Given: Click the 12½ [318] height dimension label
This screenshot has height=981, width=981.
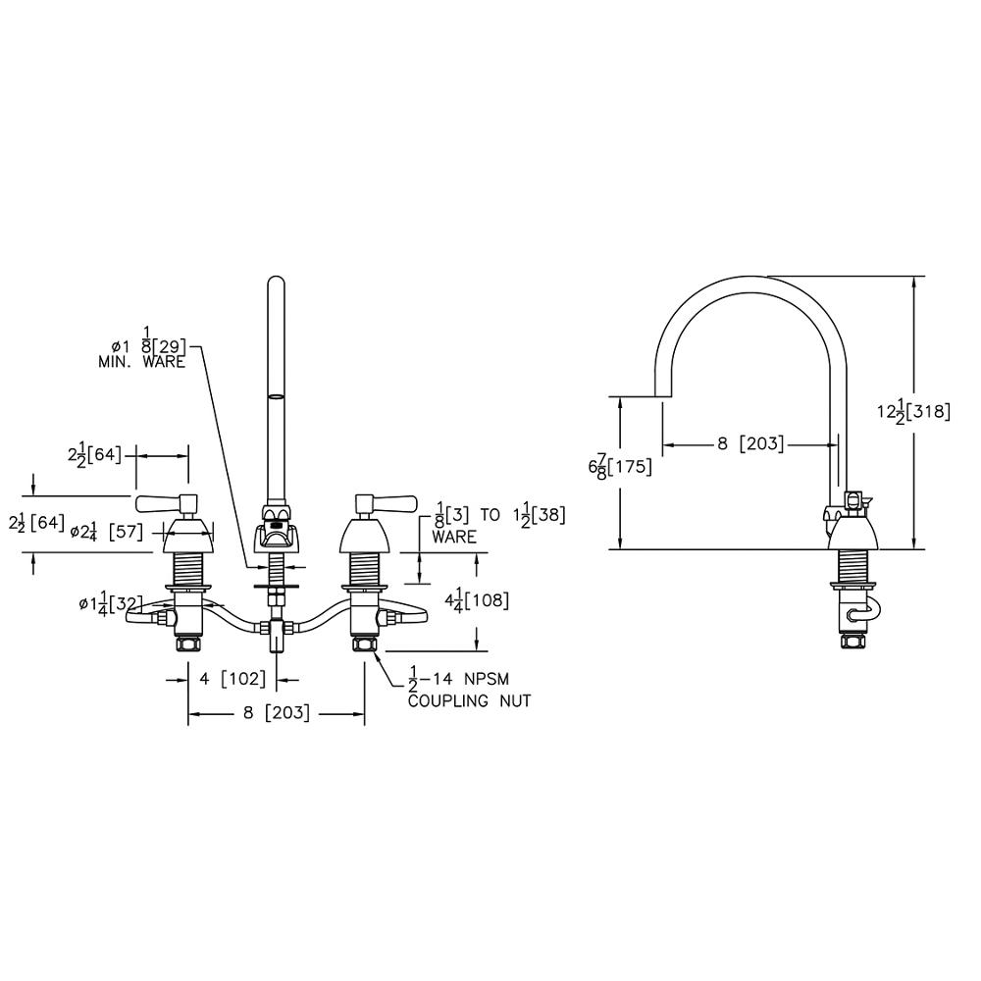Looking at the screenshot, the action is pyautogui.click(x=913, y=412).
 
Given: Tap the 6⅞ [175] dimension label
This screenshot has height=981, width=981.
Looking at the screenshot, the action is pyautogui.click(x=619, y=467).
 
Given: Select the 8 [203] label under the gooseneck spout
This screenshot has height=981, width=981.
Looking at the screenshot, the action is pyautogui.click(x=750, y=443).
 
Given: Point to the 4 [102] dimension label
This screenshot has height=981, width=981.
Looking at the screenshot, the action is pyautogui.click(x=232, y=678).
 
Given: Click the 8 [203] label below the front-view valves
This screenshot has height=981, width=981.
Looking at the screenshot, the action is pyautogui.click(x=277, y=712).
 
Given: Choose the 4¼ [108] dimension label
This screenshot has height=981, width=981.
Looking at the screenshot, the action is pyautogui.click(x=476, y=601).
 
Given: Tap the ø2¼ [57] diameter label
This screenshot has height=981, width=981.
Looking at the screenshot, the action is pyautogui.click(x=106, y=532).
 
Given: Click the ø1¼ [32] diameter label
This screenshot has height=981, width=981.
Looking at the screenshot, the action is pyautogui.click(x=111, y=604).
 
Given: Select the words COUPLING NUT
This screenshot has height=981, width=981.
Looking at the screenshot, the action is pyautogui.click(x=469, y=700).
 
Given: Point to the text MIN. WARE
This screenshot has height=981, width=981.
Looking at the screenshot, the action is pyautogui.click(x=141, y=362).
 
